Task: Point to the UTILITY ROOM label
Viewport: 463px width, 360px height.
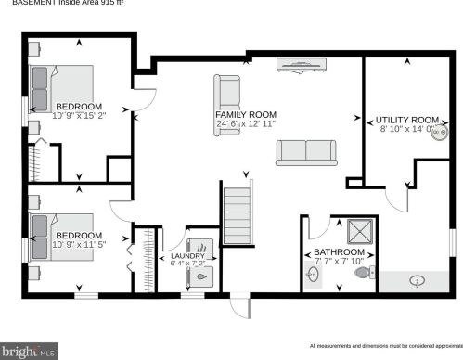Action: coord(406,124)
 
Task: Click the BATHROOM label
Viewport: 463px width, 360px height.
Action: coord(339,257)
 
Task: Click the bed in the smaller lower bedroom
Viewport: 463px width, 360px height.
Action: coord(61,236)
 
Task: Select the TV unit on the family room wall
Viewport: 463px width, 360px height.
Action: coord(302,64)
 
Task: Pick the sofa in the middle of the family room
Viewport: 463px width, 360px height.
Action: coord(306,152)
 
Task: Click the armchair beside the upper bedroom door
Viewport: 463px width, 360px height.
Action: coord(229,91)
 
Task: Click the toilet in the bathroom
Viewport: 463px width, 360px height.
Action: coord(368,272)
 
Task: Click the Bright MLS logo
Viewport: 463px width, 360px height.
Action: coord(29,351)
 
